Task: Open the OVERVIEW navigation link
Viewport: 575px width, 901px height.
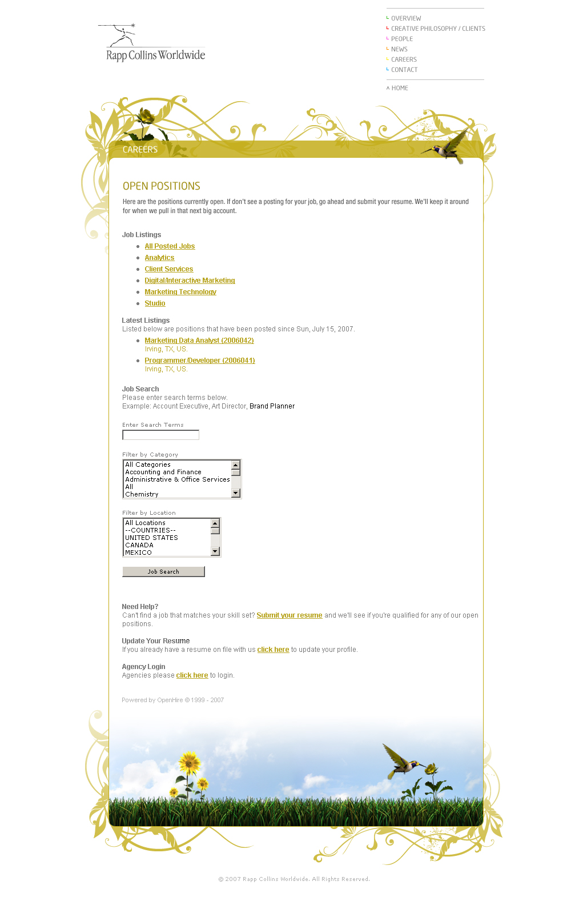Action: pos(405,18)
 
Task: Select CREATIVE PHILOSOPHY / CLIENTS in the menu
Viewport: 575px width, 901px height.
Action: pos(437,29)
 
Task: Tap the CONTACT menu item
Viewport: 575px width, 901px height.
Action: pos(404,70)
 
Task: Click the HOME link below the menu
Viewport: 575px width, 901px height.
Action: pos(399,88)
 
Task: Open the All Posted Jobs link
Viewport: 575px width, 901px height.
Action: pos(170,246)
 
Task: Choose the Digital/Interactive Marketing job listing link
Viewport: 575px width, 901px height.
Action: pos(190,281)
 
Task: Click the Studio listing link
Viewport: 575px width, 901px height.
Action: pos(155,303)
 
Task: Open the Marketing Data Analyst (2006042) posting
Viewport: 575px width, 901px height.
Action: pos(199,341)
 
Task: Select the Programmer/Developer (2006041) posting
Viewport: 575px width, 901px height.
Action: pos(199,361)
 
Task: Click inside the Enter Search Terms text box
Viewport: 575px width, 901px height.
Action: pos(160,435)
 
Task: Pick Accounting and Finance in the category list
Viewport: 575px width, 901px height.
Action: pos(163,472)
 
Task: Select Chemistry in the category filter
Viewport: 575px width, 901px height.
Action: pos(142,494)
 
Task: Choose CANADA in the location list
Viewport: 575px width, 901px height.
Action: pos(139,545)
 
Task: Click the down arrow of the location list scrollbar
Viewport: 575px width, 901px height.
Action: pos(215,551)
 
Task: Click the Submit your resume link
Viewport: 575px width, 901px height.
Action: pos(289,615)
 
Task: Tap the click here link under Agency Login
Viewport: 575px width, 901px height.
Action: pos(192,675)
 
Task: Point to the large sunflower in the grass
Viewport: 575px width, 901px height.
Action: pos(189,762)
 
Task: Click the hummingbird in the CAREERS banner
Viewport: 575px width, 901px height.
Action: pos(446,150)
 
